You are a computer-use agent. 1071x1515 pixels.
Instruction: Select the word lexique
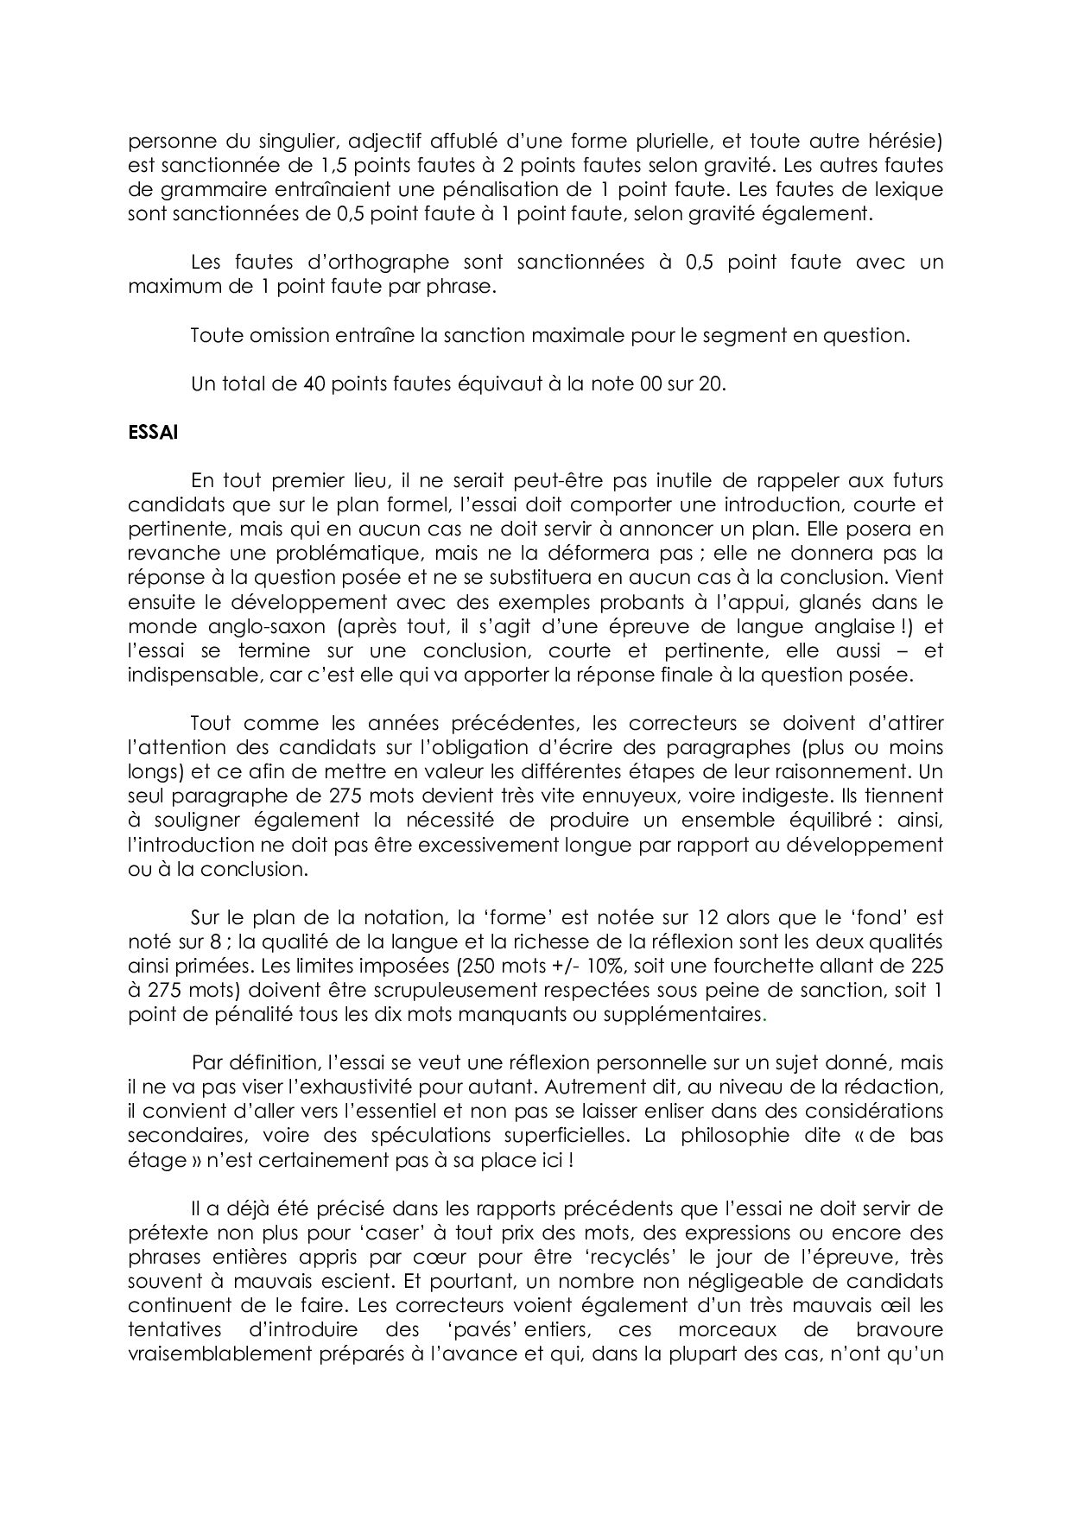910,189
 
